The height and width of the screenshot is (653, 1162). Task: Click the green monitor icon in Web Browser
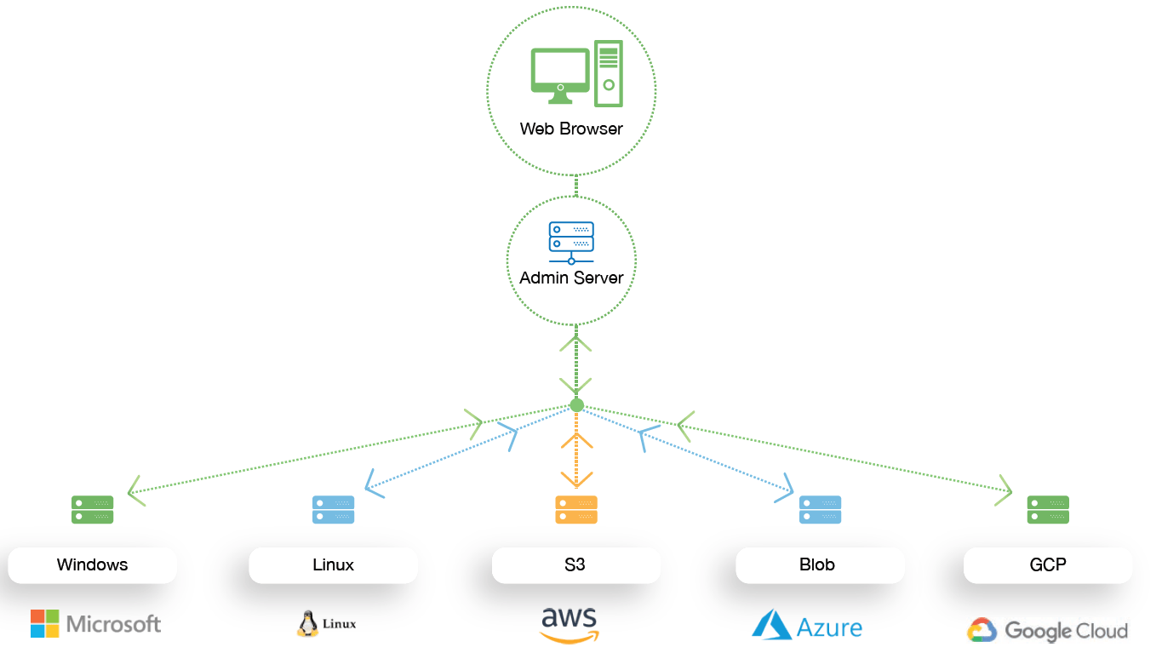pos(560,75)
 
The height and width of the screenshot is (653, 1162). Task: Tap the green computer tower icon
pos(608,74)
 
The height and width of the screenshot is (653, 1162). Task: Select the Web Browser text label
pos(571,129)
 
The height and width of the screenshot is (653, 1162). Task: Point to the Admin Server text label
pos(571,278)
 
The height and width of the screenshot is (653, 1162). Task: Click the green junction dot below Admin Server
pos(576,405)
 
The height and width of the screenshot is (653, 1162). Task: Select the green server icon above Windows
pos(92,509)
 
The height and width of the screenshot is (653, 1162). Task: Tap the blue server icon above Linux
pos(333,509)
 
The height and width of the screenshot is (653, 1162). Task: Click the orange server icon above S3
pos(576,509)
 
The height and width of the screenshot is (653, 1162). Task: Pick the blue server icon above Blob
pos(820,509)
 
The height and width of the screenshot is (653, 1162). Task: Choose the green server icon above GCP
pos(1048,509)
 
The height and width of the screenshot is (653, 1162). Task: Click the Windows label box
pos(92,564)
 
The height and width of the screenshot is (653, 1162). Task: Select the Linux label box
pos(333,564)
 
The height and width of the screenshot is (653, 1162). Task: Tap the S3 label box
pos(575,564)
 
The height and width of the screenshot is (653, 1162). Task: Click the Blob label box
pos(819,564)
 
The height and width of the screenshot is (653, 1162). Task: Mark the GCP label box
pos(1048,564)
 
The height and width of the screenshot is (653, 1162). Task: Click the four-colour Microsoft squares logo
pos(45,623)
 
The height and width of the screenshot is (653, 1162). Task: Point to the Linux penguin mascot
pos(307,624)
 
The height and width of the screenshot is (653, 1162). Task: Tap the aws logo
pos(570,624)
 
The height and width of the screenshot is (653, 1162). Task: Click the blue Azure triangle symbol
pos(771,624)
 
